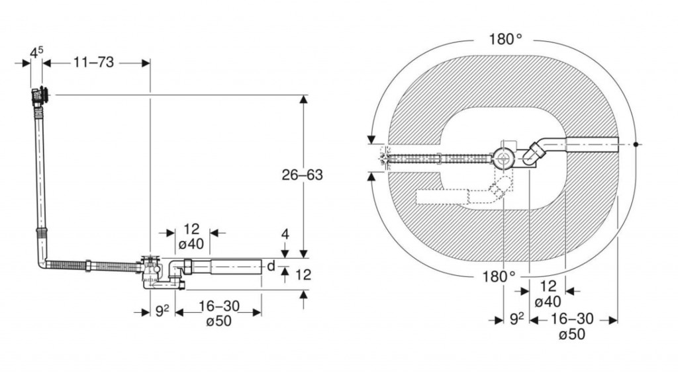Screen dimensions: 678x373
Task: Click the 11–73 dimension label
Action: (x=93, y=62)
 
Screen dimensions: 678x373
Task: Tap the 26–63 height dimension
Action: (x=302, y=175)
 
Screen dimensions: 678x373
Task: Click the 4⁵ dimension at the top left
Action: (x=36, y=52)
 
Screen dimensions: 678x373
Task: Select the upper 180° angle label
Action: (x=505, y=39)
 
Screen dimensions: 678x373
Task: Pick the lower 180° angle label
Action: (x=499, y=276)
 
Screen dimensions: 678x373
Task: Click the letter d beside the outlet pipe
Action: (x=271, y=266)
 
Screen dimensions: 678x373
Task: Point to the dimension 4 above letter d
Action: (x=285, y=234)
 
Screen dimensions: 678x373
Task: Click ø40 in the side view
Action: (x=191, y=244)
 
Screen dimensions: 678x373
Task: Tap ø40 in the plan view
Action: (x=548, y=302)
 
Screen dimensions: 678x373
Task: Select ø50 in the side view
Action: (x=218, y=321)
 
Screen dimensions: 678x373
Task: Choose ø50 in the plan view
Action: (x=571, y=334)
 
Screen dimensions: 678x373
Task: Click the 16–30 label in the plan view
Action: (x=571, y=319)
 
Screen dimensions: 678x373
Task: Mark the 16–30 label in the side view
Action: (x=218, y=306)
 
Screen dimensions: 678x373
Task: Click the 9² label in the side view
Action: (x=162, y=311)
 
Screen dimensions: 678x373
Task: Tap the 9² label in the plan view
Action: (x=516, y=319)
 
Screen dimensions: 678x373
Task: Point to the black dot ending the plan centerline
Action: (x=635, y=144)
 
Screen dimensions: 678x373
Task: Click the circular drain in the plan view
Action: (x=503, y=159)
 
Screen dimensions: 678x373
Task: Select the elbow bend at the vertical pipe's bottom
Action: (x=42, y=263)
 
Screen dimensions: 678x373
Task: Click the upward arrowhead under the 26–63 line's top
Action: (x=303, y=99)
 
